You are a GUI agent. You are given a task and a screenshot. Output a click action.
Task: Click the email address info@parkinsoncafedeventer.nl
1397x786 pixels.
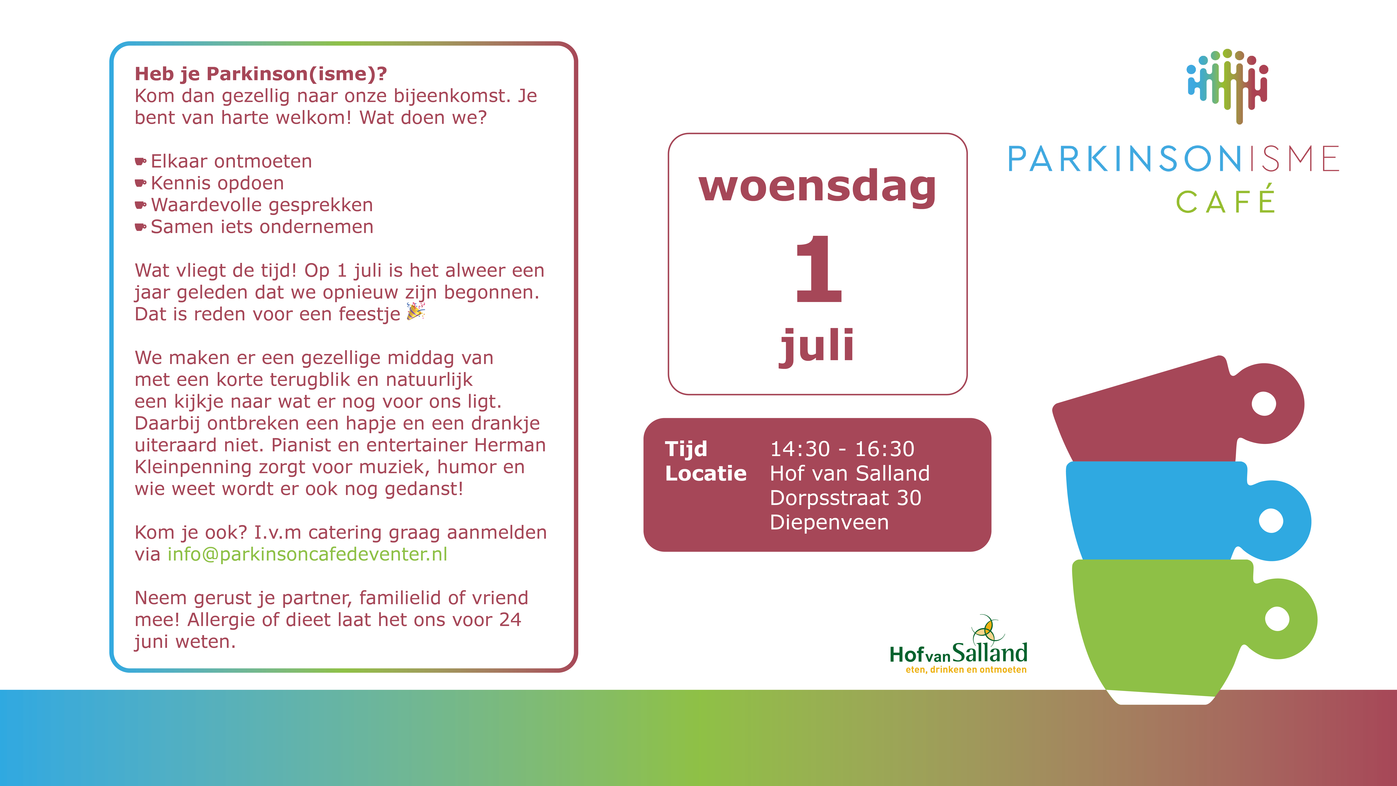(307, 554)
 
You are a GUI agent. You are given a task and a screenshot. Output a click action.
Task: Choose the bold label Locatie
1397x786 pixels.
(705, 474)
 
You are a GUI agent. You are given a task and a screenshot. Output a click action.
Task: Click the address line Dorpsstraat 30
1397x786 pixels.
(846, 498)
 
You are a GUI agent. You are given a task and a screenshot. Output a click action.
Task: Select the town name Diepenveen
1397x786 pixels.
(829, 522)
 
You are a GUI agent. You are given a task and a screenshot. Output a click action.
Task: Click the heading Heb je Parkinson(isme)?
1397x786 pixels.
(261, 74)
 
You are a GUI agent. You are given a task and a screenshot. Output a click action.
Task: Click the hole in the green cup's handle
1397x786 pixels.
(1277, 619)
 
